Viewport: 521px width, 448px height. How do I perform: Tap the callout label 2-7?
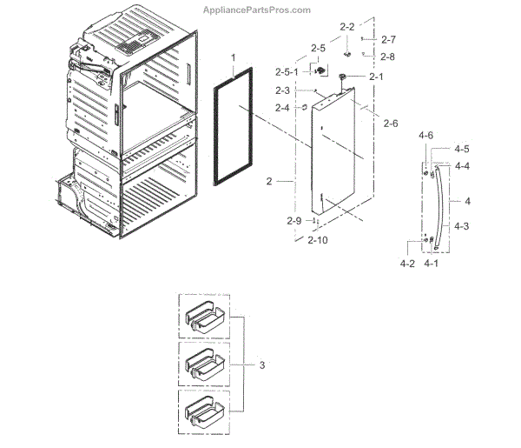[x=388, y=39]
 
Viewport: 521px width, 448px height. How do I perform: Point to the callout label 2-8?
[x=388, y=57]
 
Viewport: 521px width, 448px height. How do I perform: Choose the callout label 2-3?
[x=282, y=90]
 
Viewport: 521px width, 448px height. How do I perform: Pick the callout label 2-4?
[x=282, y=108]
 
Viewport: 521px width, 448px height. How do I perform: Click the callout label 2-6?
[x=390, y=124]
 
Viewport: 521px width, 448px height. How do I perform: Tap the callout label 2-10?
[x=317, y=240]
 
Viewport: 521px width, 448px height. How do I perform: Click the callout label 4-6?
[x=425, y=137]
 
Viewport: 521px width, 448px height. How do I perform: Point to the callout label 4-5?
[x=462, y=149]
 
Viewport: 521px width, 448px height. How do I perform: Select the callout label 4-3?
[x=462, y=225]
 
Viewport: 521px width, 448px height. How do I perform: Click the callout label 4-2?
[x=407, y=263]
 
